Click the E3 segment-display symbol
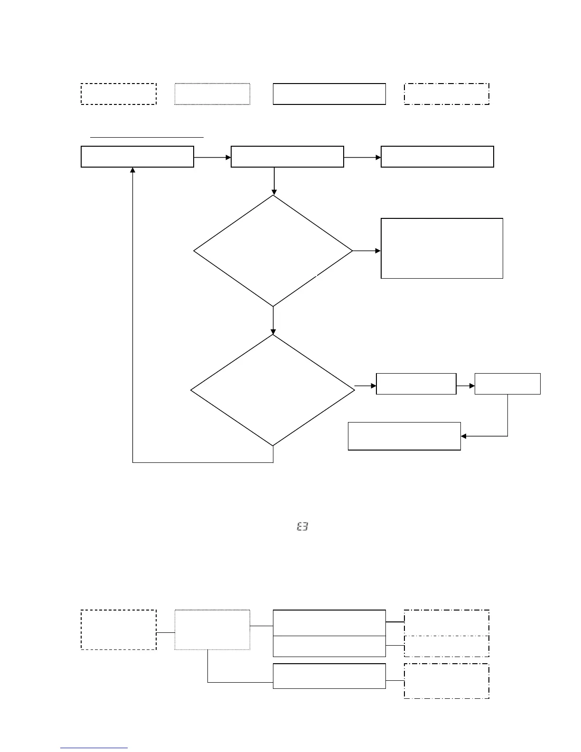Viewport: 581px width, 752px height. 302,526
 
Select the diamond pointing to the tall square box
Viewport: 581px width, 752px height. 273,251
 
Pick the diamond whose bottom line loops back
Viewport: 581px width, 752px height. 272,390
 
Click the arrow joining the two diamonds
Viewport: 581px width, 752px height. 273,320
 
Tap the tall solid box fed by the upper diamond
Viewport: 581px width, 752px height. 441,248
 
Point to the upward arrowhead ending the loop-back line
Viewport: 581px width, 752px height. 132,170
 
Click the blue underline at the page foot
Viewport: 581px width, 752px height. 94,748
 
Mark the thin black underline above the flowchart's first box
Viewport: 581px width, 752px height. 147,137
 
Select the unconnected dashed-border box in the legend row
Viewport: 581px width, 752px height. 119,94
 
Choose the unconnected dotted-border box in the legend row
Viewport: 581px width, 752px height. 212,94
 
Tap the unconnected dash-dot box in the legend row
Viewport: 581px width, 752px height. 446,94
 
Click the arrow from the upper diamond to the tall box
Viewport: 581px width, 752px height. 366,251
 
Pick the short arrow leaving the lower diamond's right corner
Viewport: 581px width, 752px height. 365,386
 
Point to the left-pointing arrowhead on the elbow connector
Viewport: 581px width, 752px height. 464,436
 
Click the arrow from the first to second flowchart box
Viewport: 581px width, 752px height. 212,157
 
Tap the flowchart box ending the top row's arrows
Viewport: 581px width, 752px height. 437,157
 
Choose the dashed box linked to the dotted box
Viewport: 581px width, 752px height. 119,630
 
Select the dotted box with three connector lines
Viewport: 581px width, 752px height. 212,630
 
